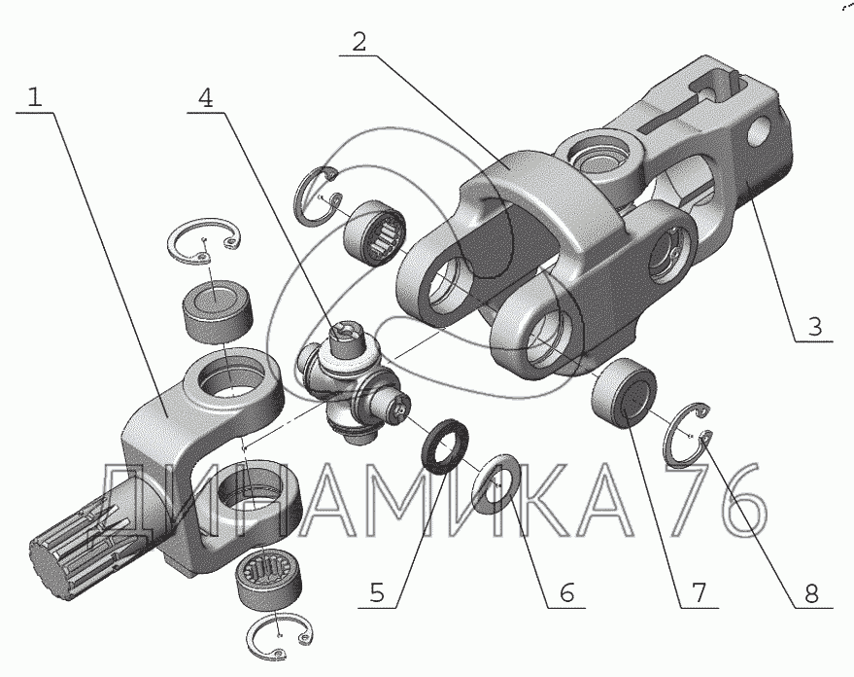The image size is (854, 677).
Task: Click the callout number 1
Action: click(x=35, y=97)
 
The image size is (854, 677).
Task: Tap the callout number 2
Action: click(x=359, y=42)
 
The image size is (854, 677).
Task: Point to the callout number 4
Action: click(x=206, y=97)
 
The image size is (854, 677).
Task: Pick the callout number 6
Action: click(x=565, y=590)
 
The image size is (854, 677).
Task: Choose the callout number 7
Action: click(x=697, y=590)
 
